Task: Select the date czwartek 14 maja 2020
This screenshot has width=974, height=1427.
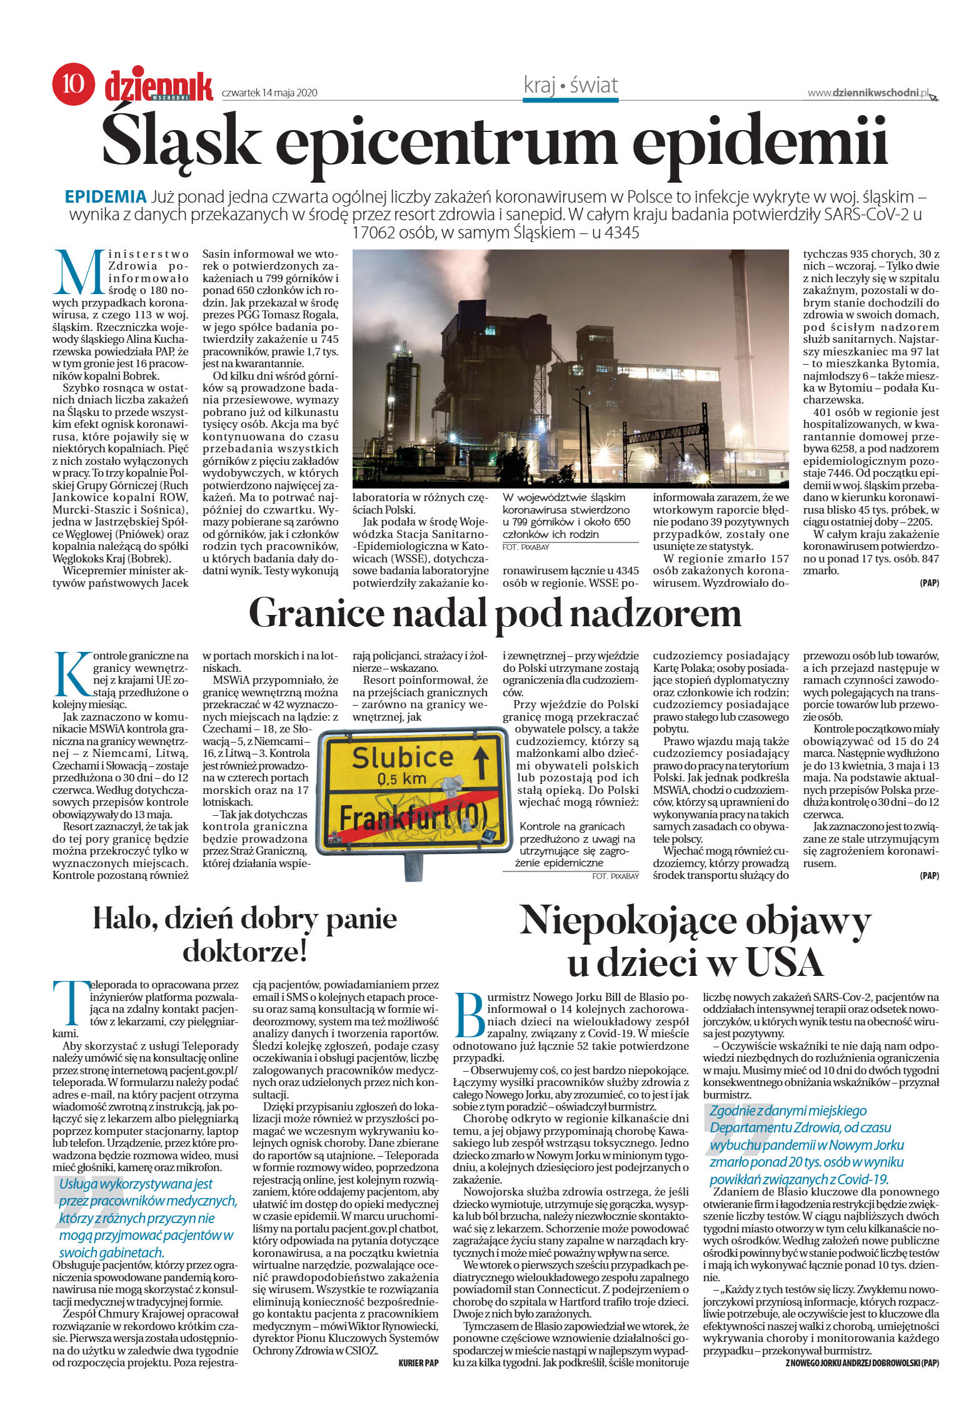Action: pyautogui.click(x=269, y=93)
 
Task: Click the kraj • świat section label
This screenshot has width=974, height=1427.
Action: pyautogui.click(x=570, y=85)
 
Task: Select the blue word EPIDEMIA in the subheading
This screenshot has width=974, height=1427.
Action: pyautogui.click(x=106, y=197)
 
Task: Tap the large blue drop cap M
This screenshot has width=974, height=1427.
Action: pyautogui.click(x=79, y=273)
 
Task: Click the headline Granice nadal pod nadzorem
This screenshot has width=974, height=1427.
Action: pyautogui.click(x=495, y=613)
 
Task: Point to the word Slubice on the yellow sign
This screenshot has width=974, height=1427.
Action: pyautogui.click(x=402, y=757)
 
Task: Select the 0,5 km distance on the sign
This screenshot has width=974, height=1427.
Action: pyautogui.click(x=401, y=780)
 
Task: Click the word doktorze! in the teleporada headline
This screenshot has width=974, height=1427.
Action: pyautogui.click(x=244, y=952)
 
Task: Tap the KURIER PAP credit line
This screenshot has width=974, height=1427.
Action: pyautogui.click(x=418, y=1361)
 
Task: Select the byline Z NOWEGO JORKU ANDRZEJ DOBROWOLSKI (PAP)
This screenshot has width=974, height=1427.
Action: pyautogui.click(x=861, y=1361)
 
